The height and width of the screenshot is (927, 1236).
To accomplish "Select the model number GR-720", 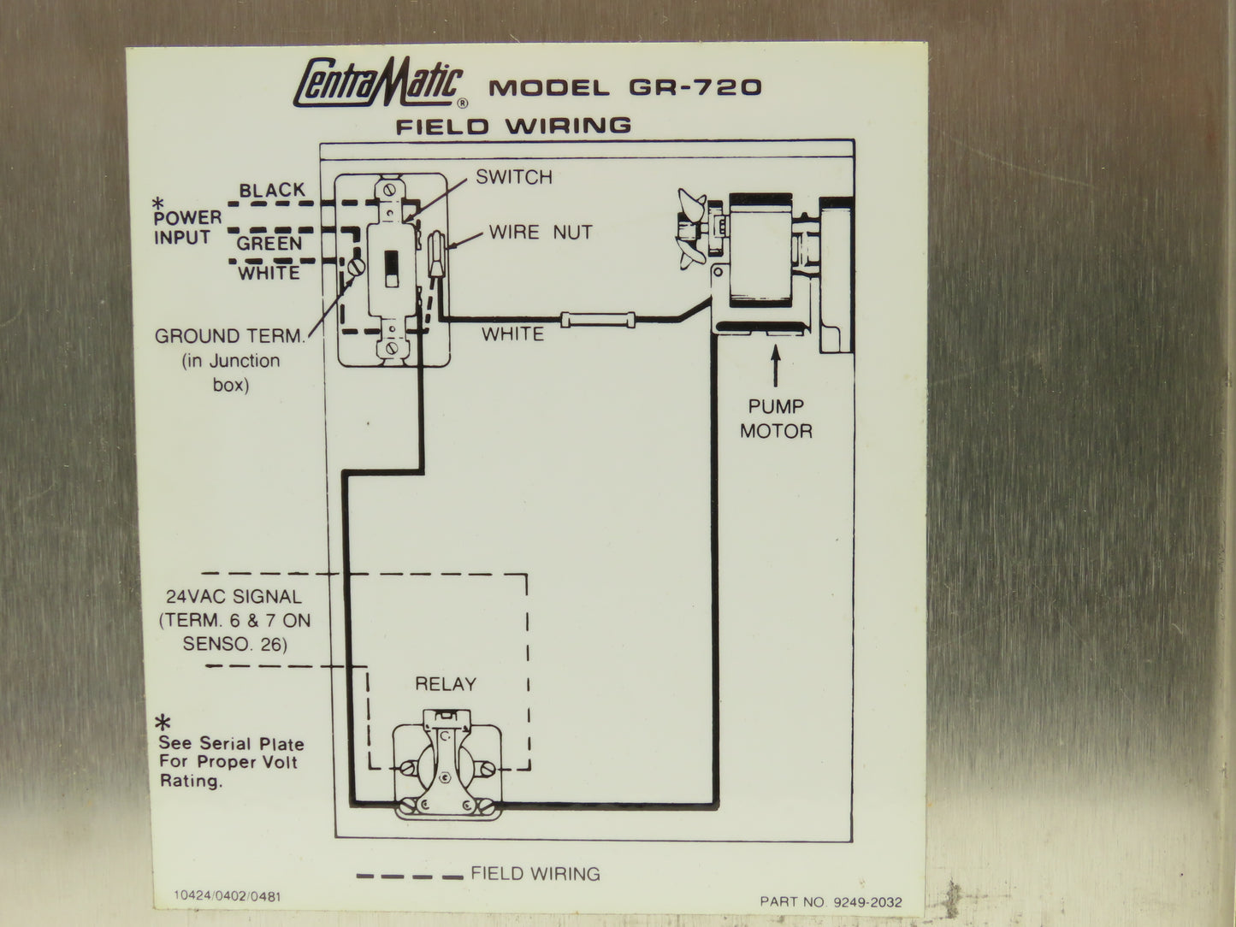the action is (x=695, y=87).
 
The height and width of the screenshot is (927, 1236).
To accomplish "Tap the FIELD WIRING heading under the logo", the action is (x=513, y=126).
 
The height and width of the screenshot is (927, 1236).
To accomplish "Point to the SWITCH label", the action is (x=514, y=177).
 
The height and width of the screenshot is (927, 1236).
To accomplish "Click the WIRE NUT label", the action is (x=541, y=232).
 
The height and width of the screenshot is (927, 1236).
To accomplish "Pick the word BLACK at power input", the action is (x=272, y=190).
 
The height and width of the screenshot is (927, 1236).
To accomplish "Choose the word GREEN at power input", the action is (x=269, y=244).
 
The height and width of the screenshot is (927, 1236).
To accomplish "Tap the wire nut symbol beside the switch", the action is (x=437, y=254).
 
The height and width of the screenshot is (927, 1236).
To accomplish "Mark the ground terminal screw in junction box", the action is (x=356, y=266).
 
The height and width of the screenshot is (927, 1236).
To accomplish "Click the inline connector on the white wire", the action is (x=598, y=320).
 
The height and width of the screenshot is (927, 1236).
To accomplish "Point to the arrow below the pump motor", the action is (x=775, y=366).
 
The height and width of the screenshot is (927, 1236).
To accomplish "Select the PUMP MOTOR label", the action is (x=776, y=419).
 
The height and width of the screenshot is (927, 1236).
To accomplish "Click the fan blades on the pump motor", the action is (x=691, y=229).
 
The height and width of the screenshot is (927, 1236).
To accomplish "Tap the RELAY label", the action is (x=446, y=684).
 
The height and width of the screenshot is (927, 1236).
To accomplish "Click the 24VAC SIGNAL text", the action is (x=234, y=597).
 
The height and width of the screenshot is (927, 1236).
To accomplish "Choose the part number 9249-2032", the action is (x=867, y=902).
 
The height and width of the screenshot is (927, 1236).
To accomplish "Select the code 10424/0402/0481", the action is (x=227, y=896).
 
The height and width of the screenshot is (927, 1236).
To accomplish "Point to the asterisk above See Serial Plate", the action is (x=163, y=722).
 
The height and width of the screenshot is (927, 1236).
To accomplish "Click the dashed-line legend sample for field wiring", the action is (x=410, y=877).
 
